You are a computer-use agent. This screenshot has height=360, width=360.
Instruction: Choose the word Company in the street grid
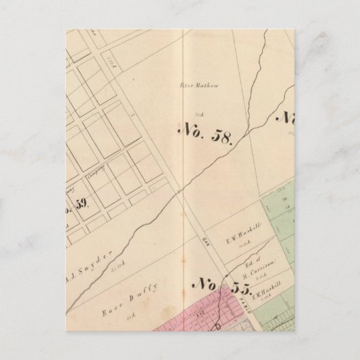click(101, 175)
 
